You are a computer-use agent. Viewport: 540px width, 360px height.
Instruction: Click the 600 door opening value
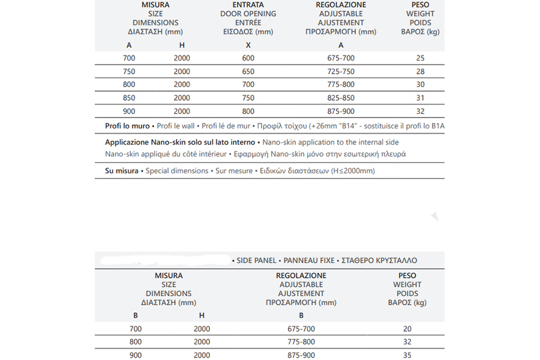(x=248, y=58)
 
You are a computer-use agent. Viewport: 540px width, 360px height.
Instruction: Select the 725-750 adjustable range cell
(x=341, y=71)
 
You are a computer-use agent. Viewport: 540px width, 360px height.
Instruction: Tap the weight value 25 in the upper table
(x=420, y=58)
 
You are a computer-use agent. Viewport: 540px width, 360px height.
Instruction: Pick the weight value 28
(x=420, y=71)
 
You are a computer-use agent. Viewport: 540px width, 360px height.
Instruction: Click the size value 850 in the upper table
(x=129, y=98)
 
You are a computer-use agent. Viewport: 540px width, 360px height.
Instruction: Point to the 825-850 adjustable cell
(x=341, y=98)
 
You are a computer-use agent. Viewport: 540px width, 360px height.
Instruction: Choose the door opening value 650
(x=248, y=71)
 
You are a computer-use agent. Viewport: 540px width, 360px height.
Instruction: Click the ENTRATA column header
(x=248, y=5)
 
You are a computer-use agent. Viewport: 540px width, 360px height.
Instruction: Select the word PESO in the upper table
(x=420, y=5)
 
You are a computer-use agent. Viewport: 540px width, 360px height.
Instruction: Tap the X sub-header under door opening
(x=248, y=45)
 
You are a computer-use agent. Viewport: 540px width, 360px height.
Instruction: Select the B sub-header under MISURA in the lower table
(x=134, y=315)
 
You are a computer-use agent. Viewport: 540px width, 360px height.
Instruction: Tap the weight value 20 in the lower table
(x=407, y=329)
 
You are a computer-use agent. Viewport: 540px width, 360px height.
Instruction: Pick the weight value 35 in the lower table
(x=407, y=355)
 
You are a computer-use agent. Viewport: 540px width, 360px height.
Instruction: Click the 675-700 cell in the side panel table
(x=301, y=329)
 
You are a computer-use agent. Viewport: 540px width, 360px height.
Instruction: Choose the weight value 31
(x=420, y=98)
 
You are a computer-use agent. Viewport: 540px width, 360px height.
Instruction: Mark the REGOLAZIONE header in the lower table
(x=301, y=275)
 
